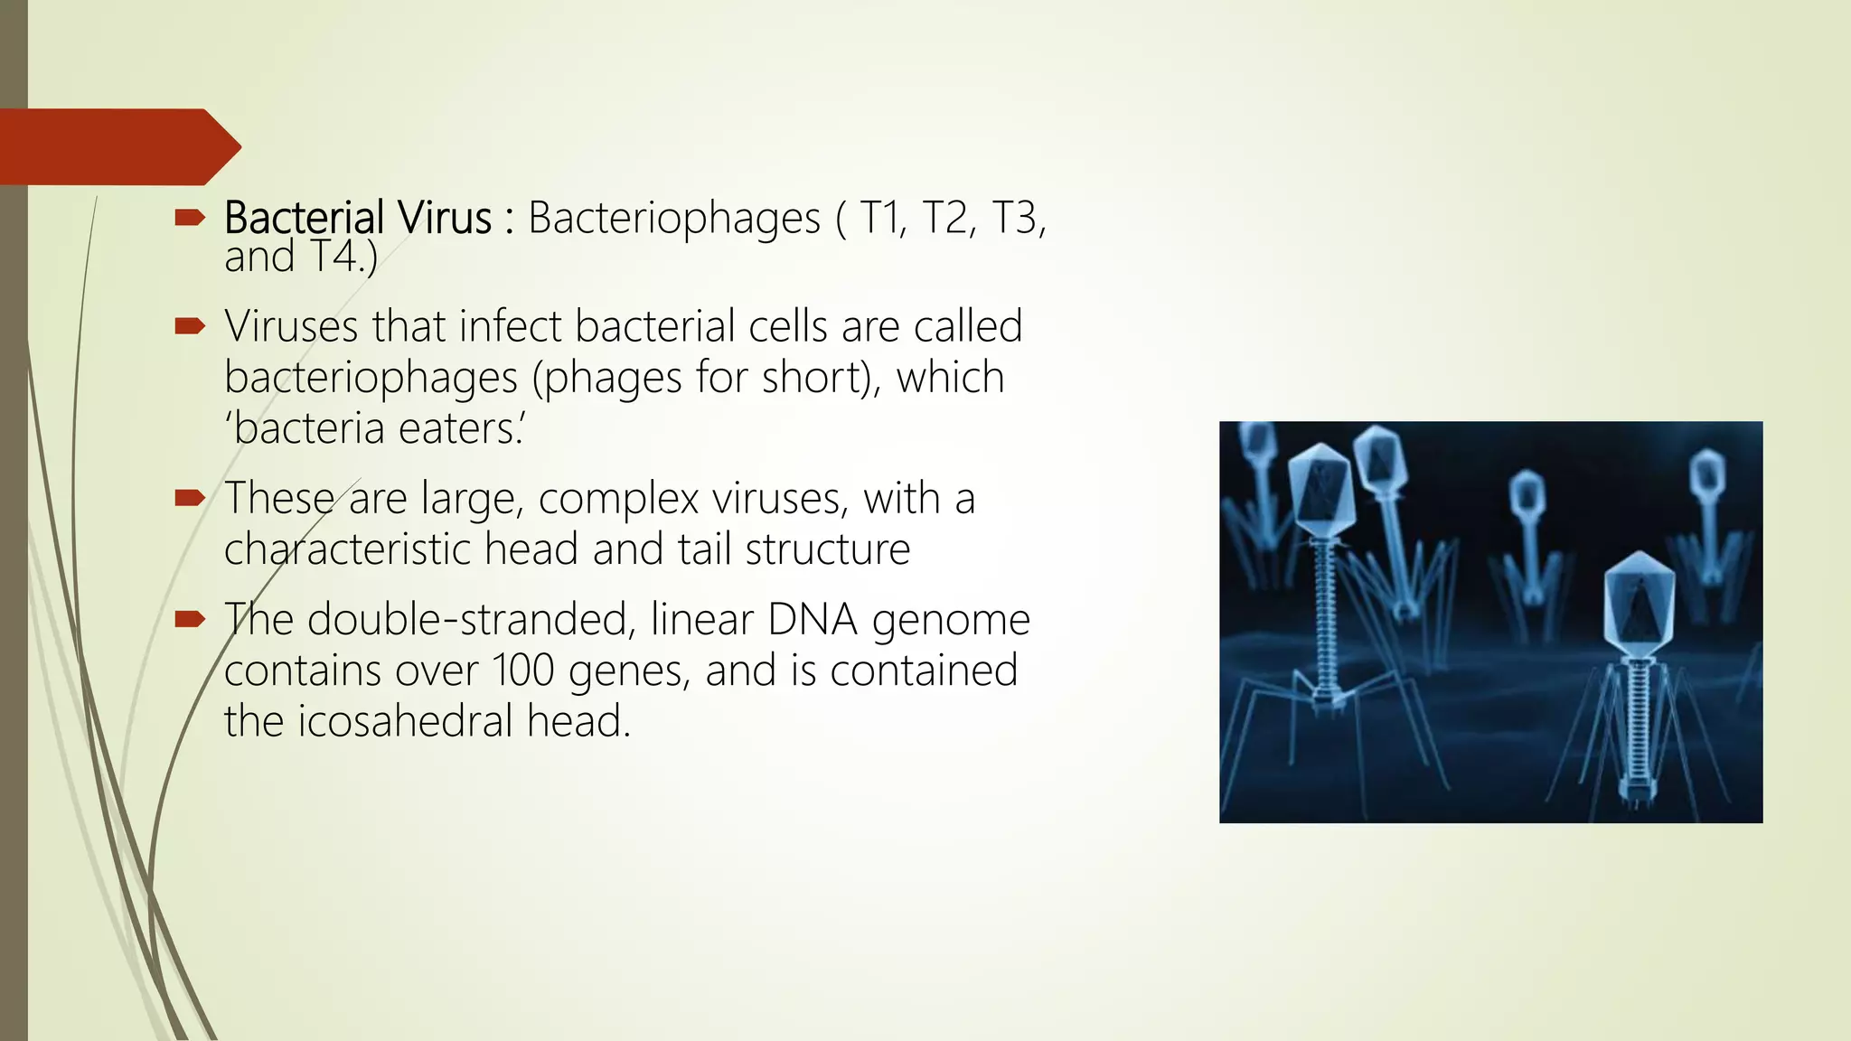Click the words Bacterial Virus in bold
tap(358, 218)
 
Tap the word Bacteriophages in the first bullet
tap(674, 218)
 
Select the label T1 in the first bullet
tap(882, 218)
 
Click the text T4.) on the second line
tap(343, 257)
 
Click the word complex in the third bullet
tap(619, 499)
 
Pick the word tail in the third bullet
tap(704, 549)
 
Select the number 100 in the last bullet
tap(523, 671)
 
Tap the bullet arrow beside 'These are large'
tap(190, 497)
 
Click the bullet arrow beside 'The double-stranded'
tap(190, 619)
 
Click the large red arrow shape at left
tap(117, 146)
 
